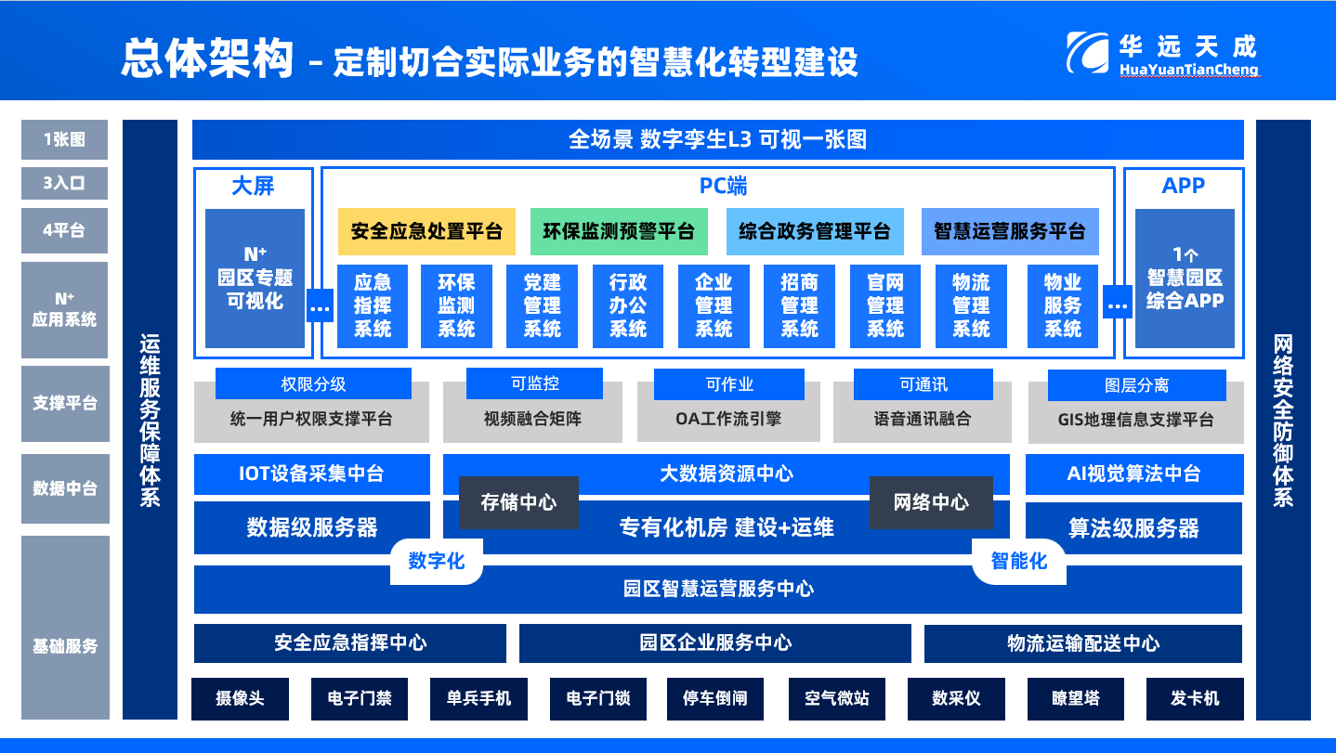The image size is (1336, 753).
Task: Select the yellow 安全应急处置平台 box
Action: [426, 231]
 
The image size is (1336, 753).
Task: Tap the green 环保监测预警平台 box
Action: [619, 231]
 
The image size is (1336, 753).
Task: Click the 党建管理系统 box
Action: [543, 305]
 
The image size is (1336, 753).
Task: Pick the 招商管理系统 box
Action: [799, 305]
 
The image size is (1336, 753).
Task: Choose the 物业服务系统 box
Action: [1063, 305]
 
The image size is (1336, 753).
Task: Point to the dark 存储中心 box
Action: [518, 502]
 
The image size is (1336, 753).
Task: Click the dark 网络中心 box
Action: [931, 502]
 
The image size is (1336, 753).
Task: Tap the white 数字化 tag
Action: [437, 561]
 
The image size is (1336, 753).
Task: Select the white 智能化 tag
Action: [1018, 561]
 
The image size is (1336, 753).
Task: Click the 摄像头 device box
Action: [240, 698]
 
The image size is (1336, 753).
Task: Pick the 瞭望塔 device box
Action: [1075, 698]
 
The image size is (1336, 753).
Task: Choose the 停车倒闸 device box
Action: [714, 698]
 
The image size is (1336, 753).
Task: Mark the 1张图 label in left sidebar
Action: [64, 139]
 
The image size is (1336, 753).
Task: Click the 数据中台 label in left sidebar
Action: [64, 488]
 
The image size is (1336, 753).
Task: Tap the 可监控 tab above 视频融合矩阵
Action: [534, 383]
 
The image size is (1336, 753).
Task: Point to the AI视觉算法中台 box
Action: [1133, 474]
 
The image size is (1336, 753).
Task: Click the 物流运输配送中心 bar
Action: [1082, 643]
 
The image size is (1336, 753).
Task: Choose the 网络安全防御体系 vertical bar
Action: [1283, 420]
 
